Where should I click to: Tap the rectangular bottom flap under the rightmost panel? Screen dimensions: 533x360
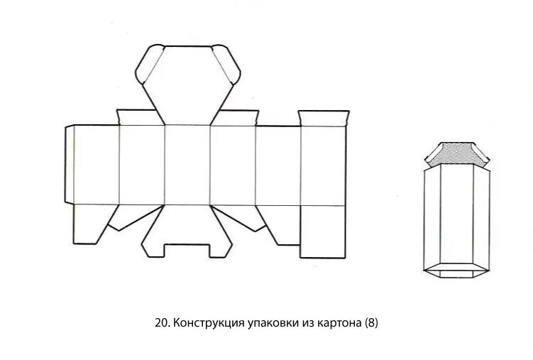click(323, 231)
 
